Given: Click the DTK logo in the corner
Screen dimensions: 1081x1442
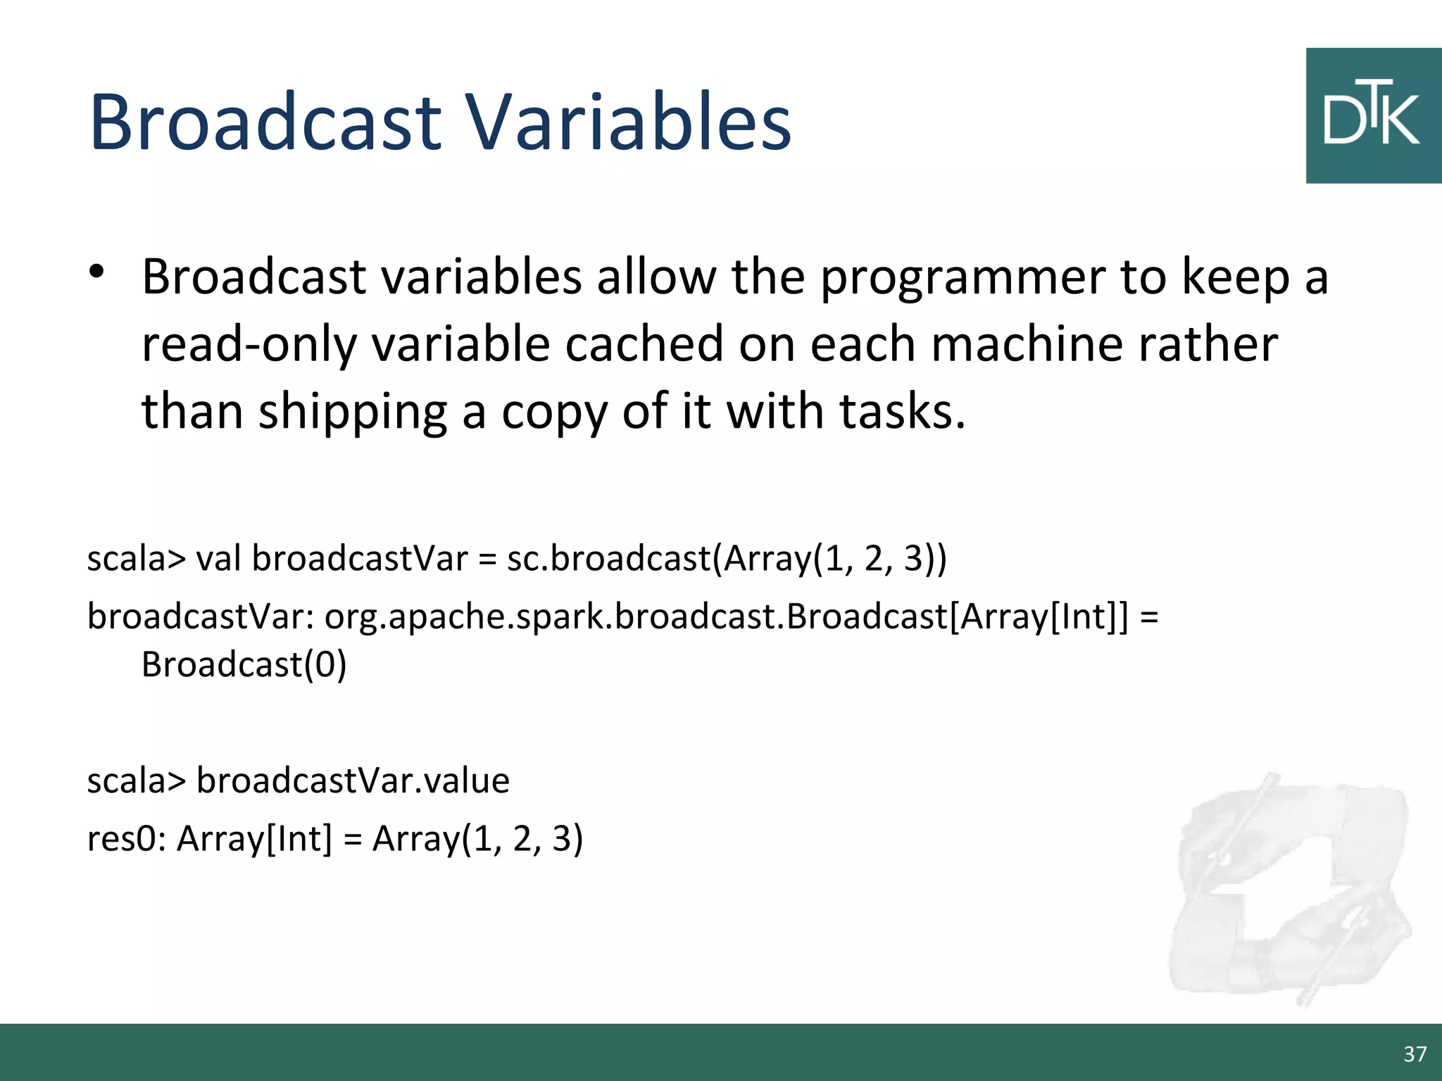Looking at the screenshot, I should tap(1373, 116).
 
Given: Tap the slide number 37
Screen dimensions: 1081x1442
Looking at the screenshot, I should tap(1415, 1054).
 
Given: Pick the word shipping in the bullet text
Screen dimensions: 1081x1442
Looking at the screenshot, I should tap(352, 412).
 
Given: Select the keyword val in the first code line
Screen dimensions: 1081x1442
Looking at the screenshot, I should tap(219, 559).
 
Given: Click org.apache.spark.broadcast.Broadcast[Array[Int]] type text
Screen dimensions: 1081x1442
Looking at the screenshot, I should tap(725, 617).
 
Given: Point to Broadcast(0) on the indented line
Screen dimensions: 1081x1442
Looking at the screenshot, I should tap(244, 664).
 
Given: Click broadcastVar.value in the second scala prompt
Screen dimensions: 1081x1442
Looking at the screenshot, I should tap(353, 780).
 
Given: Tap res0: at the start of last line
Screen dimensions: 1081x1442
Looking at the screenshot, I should tap(127, 839).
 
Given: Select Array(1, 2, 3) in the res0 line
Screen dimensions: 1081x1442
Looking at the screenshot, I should tap(477, 839).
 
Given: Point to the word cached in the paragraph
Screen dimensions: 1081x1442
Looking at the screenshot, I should tap(644, 345).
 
